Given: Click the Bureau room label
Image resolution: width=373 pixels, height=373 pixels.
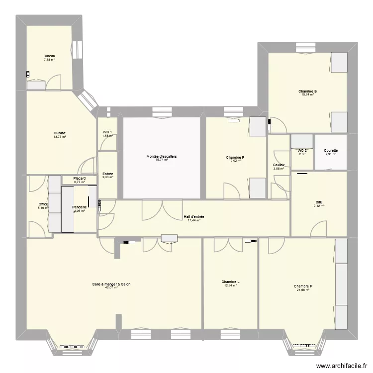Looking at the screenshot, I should pyautogui.click(x=49, y=56).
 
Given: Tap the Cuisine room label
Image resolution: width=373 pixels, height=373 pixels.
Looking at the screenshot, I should pyautogui.click(x=60, y=133).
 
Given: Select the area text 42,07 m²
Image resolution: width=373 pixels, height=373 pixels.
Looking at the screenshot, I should pyautogui.click(x=111, y=287).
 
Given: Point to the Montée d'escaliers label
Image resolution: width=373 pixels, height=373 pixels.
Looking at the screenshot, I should pyautogui.click(x=161, y=157).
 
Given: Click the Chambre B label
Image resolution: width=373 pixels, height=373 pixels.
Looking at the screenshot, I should pyautogui.click(x=308, y=92).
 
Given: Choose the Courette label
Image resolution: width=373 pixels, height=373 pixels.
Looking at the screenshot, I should pyautogui.click(x=331, y=151).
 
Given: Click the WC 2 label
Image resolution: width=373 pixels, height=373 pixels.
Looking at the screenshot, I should pyautogui.click(x=302, y=151).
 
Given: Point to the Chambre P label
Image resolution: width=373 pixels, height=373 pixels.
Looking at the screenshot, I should pyautogui.click(x=303, y=286).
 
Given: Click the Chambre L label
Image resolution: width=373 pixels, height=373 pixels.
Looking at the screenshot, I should pyautogui.click(x=230, y=282).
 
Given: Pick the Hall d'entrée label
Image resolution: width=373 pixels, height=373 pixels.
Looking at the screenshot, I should pyautogui.click(x=193, y=216).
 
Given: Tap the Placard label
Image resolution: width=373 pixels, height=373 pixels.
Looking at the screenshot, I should pyautogui.click(x=80, y=179).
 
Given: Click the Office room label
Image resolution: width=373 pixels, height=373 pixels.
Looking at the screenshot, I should pyautogui.click(x=43, y=204).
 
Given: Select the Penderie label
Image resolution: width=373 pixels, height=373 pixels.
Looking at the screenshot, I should pyautogui.click(x=80, y=207).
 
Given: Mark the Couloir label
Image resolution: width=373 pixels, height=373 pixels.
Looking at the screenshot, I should pyautogui.click(x=279, y=165).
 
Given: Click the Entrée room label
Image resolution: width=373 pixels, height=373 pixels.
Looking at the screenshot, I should pyautogui.click(x=107, y=174).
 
